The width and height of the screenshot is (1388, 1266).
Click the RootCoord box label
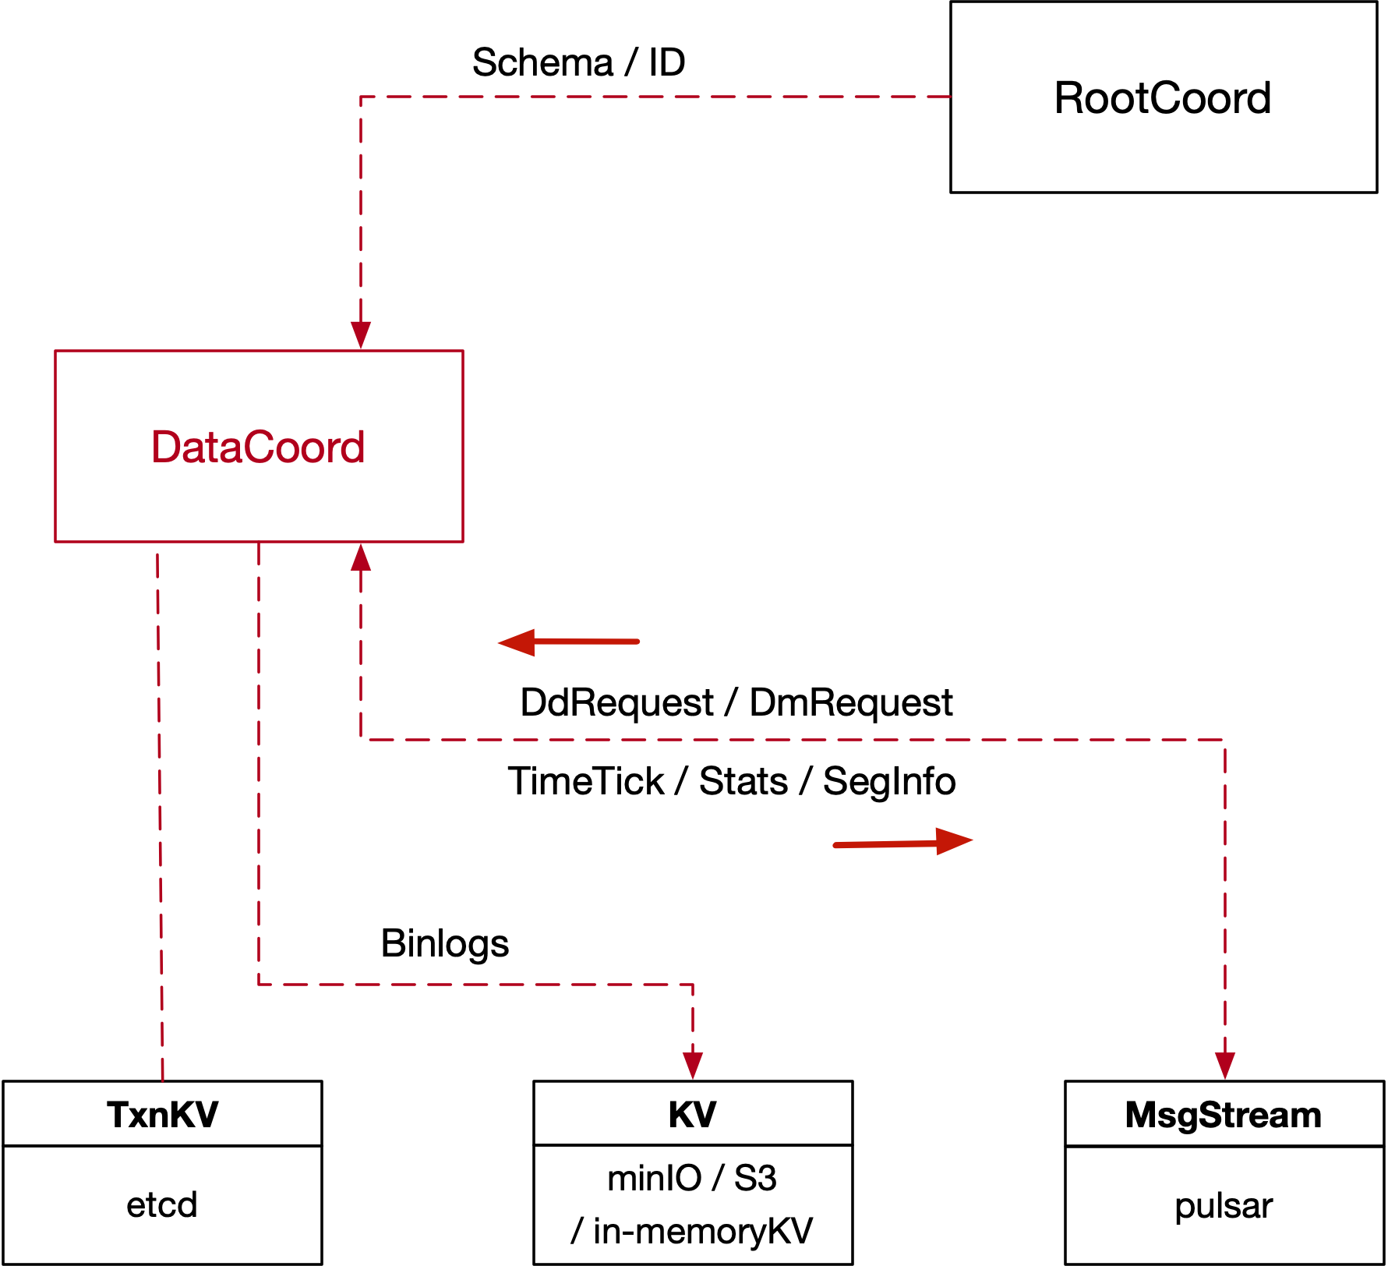click(1162, 98)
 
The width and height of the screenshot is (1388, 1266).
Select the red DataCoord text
click(258, 447)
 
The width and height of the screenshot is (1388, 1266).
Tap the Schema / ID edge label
click(578, 62)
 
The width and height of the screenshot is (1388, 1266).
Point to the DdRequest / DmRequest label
click(736, 703)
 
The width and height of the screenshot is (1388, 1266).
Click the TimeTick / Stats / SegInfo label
click(731, 781)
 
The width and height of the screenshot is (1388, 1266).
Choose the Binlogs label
click(444, 943)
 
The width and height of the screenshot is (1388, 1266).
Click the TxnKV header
click(162, 1115)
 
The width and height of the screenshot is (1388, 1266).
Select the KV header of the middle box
click(692, 1115)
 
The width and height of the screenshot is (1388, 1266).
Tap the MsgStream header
click(1224, 1115)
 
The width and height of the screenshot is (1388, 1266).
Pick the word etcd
click(162, 1205)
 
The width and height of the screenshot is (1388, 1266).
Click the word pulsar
click(1224, 1206)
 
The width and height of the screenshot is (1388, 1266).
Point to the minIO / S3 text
click(692, 1178)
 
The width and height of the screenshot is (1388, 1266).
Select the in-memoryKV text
click(702, 1232)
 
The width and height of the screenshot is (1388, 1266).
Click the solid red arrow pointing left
click(569, 642)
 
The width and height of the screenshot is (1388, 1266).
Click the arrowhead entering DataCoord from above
click(361, 334)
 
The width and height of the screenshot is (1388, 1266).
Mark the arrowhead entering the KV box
click(693, 1065)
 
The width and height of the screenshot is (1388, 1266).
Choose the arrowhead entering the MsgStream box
click(1225, 1065)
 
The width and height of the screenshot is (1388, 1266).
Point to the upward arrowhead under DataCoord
click(361, 557)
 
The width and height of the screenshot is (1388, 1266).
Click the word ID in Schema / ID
click(667, 62)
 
